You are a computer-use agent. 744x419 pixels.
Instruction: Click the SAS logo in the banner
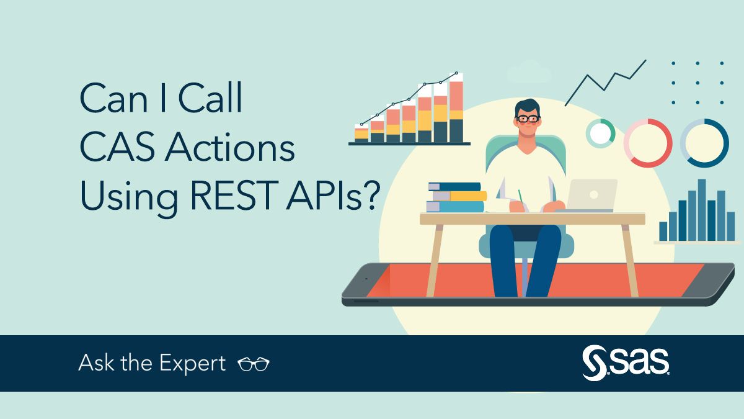pos(626,363)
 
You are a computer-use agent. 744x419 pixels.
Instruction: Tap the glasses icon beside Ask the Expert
pos(254,364)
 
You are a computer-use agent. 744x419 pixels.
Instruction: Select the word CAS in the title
pos(117,150)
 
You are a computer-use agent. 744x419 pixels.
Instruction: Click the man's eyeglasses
pos(528,118)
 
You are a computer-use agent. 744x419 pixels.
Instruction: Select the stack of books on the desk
pos(456,197)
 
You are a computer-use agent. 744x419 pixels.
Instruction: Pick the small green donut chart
pos(600,133)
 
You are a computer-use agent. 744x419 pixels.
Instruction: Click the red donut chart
pos(648,143)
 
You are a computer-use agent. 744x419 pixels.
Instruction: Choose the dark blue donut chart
pos(704,143)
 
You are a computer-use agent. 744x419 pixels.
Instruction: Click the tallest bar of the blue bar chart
pos(702,209)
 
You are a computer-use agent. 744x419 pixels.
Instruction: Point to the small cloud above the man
pos(529,73)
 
